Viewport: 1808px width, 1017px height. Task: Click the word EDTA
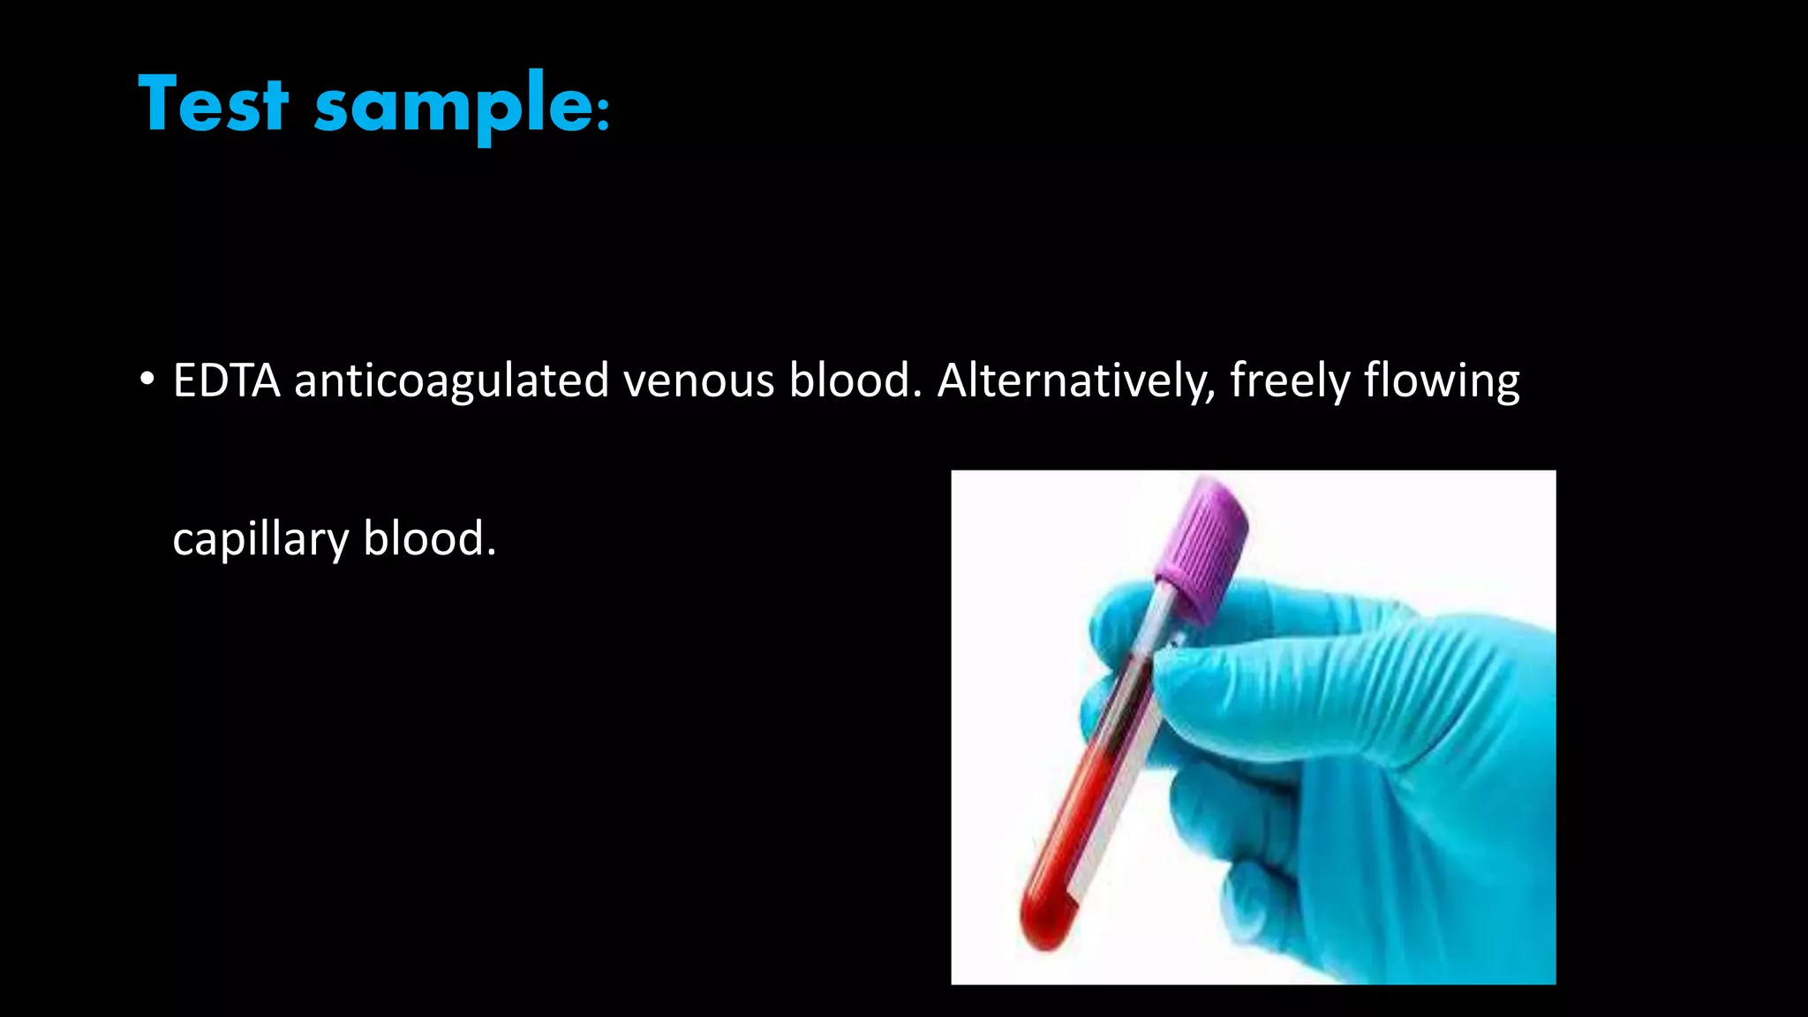point(226,380)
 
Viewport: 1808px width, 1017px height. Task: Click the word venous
point(698,380)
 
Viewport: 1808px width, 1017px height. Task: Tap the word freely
point(1289,380)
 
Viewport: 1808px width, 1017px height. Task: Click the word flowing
point(1441,380)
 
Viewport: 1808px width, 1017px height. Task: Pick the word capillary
point(260,539)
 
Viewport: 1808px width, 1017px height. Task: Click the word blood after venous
point(854,380)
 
